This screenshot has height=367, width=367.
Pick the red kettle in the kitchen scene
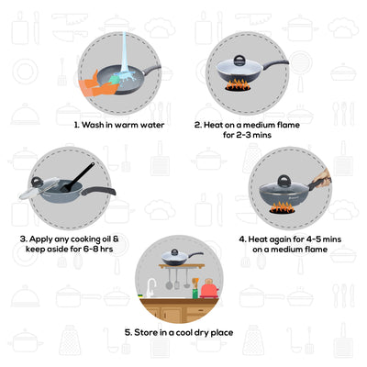click(x=209, y=290)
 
